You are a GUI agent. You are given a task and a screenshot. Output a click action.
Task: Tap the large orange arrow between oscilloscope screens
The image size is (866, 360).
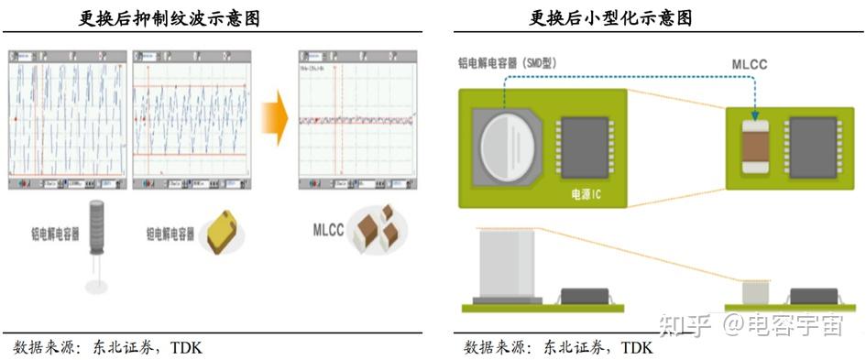point(274,119)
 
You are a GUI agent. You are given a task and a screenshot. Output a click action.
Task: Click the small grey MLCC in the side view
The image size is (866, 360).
point(754,291)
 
